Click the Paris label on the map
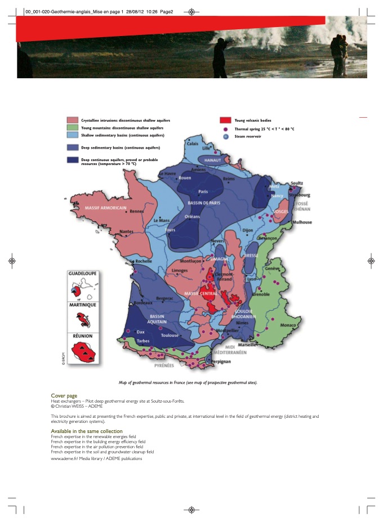203,191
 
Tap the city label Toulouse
170,335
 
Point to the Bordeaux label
143,303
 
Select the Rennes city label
137,212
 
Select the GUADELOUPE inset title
82,273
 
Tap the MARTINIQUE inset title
82,305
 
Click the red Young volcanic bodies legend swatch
225,121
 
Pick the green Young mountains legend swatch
73,128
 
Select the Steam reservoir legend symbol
225,136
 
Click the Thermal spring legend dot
225,129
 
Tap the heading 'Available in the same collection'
87,431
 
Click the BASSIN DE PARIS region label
203,203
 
